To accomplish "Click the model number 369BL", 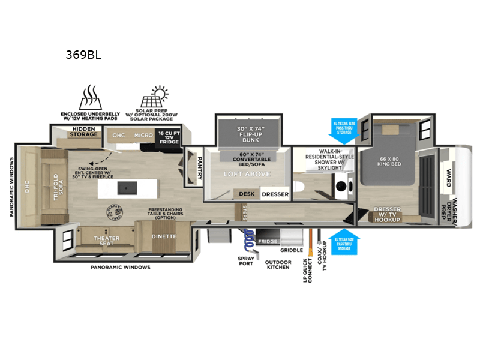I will [83, 55].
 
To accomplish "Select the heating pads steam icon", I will [89, 96].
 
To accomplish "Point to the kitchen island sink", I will [125, 187].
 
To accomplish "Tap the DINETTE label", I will [163, 236].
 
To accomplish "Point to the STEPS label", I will [244, 211].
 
